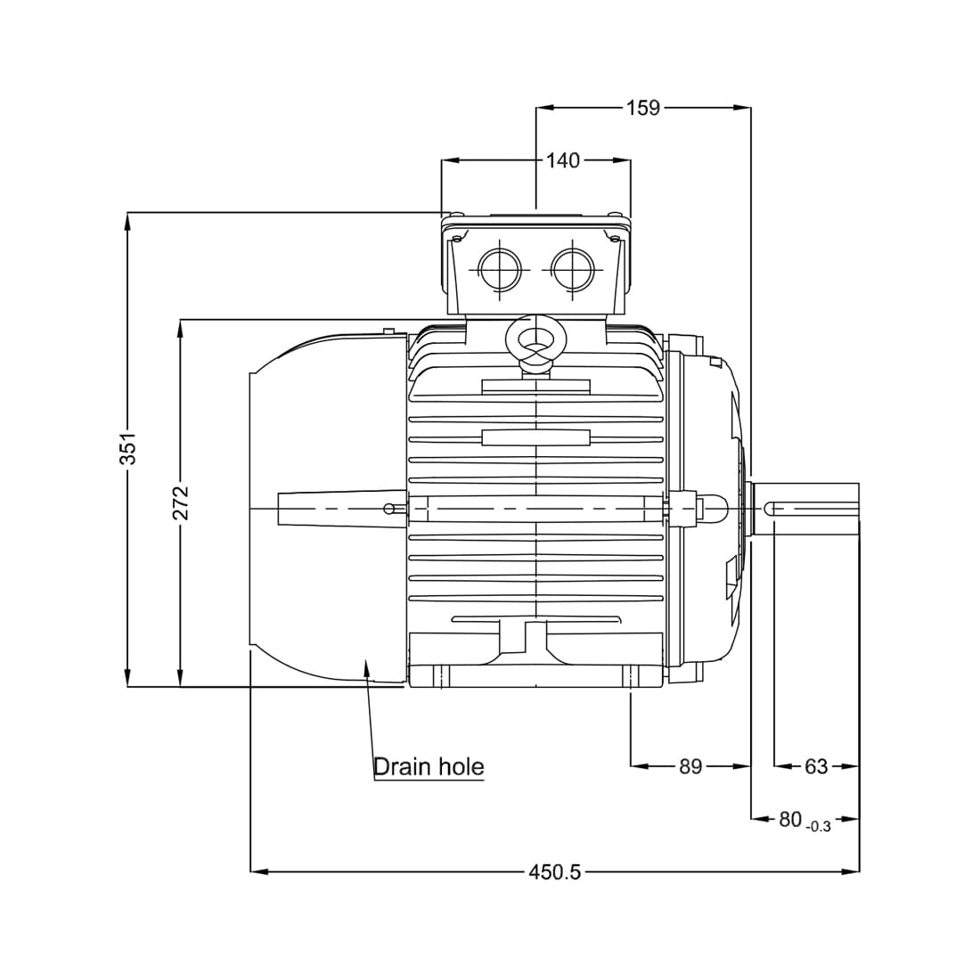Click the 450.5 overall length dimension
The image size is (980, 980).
tap(554, 871)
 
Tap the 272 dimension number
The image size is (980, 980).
tap(181, 502)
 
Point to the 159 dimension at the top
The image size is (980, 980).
tap(642, 108)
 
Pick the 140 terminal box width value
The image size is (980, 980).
tap(562, 160)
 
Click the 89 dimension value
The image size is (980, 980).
tap(690, 766)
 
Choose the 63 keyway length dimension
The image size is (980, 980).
tap(816, 766)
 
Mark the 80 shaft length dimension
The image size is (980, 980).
tap(790, 819)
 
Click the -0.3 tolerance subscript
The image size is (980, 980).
tap(817, 827)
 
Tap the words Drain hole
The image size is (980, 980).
tap(429, 766)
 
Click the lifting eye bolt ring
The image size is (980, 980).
tap(535, 339)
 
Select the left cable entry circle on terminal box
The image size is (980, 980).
tap(499, 266)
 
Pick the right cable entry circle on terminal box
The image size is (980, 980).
tap(572, 266)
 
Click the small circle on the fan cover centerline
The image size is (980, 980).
tap(388, 509)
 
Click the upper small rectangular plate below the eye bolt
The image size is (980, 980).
tap(535, 387)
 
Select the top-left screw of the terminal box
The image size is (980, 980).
tap(456, 214)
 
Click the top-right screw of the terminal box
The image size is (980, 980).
tap(615, 214)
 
